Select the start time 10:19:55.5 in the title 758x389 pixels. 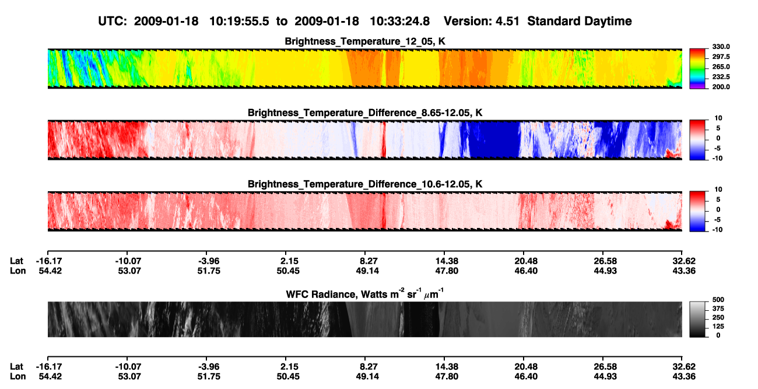click(239, 21)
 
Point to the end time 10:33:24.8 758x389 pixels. click(399, 21)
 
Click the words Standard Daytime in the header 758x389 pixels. click(580, 21)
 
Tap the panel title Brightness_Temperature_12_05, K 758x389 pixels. click(365, 41)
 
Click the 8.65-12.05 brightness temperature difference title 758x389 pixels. click(365, 113)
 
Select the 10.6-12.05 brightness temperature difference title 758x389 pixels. click(365, 184)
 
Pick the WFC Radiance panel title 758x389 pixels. click(365, 293)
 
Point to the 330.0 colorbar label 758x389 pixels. click(721, 47)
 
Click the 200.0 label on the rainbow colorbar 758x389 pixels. click(721, 87)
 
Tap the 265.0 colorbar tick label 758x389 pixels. click(721, 66)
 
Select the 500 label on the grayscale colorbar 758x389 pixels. click(718, 300)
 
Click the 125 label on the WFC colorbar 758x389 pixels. click(718, 327)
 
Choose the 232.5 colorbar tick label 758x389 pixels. click(721, 77)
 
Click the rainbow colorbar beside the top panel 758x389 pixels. click(697, 69)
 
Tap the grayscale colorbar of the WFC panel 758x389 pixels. click(697, 319)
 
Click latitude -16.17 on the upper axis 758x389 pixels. click(49, 261)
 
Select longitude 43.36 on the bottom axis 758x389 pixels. click(684, 377)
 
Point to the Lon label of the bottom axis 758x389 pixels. click(18, 377)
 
